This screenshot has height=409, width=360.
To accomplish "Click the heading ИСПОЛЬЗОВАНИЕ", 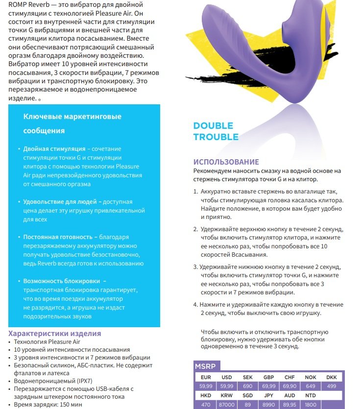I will coord(226,162).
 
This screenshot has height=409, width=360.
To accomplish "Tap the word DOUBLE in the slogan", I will coord(213,126).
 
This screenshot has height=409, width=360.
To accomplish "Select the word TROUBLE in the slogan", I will coord(216,137).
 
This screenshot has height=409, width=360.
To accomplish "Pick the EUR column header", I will coord(205,377).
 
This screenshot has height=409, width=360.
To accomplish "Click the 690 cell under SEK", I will coord(247,386).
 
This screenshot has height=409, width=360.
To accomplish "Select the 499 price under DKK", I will coord(331,386).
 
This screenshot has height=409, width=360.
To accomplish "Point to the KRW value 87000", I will coord(226,405).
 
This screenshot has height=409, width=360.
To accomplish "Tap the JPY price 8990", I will coord(268,405).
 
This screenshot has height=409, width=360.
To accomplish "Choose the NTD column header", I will coord(311,396).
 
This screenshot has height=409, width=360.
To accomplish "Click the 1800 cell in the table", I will coord(311,405).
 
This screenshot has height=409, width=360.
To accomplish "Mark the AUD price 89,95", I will coord(289,405).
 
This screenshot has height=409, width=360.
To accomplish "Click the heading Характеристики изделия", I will coord(55,334).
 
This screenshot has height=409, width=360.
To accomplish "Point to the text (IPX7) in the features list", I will coord(72,373).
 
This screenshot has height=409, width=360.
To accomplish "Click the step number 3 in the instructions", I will coord(195,267).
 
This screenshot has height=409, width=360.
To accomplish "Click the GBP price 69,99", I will coord(268,386).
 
